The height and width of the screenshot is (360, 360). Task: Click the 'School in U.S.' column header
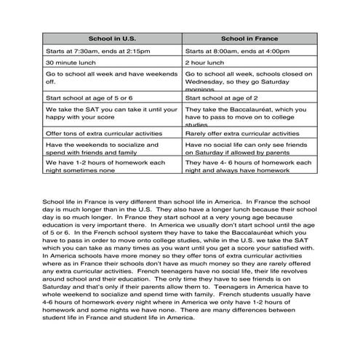click(111, 38)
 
